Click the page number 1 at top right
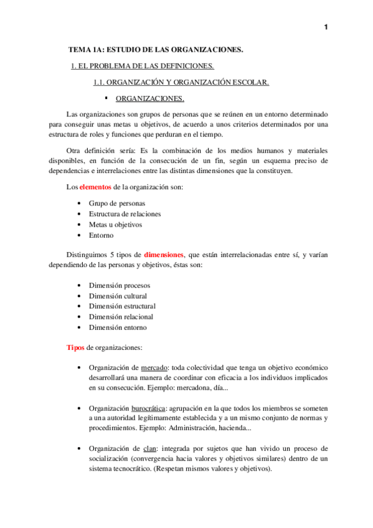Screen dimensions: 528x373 pos(325,27)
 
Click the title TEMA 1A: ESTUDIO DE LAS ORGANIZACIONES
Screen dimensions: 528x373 pos(156,49)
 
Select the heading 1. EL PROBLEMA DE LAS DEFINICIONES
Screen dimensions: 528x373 pos(143,66)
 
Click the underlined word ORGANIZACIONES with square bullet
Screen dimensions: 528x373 pos(150,98)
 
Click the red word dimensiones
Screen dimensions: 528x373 pos(164,255)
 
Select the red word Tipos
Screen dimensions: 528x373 pos(75,347)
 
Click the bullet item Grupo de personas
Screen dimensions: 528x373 pos(117,203)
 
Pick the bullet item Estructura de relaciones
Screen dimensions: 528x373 pos(125,214)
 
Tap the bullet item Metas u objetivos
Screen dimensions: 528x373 pos(115,224)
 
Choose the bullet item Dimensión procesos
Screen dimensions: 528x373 pos(119,285)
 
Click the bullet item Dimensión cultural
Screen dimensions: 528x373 pos(118,296)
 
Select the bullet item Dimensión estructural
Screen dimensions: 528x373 pos(122,306)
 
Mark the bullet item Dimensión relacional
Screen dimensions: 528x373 pos(121,317)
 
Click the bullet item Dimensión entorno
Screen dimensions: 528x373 pos(118,328)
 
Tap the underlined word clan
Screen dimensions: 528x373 pos(150,448)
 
